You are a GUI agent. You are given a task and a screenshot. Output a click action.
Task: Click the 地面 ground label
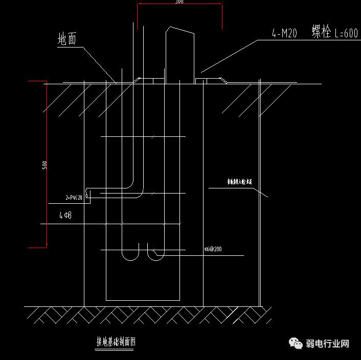click(67, 39)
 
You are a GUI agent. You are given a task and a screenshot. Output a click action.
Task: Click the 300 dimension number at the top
click(179, 2)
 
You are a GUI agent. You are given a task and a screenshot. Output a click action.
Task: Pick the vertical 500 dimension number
click(45, 165)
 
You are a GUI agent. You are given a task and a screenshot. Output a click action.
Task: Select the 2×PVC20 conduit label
click(74, 197)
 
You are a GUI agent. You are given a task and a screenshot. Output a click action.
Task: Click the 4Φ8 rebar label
click(65, 216)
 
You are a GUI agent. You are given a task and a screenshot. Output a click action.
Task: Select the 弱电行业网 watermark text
click(327, 344)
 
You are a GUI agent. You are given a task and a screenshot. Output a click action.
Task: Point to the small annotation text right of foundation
click(239, 181)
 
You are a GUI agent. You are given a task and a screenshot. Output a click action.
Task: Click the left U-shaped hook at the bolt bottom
click(131, 253)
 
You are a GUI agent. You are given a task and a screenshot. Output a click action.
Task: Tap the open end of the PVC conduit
click(87, 194)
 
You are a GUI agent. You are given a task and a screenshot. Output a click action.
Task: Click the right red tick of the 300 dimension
click(221, 15)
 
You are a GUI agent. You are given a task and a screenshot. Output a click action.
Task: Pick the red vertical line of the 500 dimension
click(47, 163)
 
